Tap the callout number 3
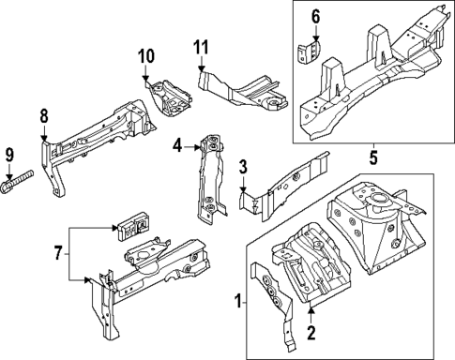coord(242,167)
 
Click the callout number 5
coord(372,157)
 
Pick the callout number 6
coord(315,16)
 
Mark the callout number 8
coord(43,115)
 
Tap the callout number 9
coord(9,155)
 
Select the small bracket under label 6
coord(309,53)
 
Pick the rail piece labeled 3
coord(286,182)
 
